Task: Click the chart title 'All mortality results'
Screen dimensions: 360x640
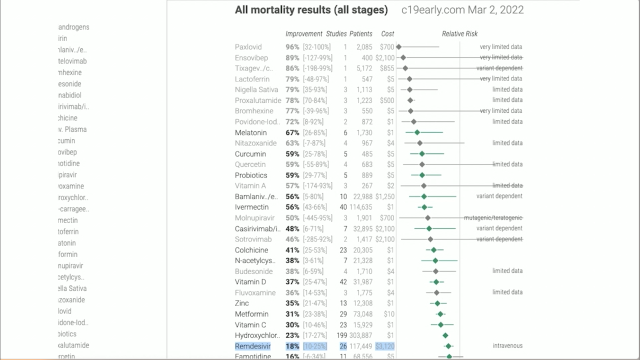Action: [x=311, y=9]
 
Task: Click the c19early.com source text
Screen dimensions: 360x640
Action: [x=462, y=9]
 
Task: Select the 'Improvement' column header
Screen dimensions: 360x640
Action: [x=304, y=34]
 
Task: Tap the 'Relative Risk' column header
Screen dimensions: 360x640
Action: [x=459, y=34]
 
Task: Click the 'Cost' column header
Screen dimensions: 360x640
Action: [x=387, y=34]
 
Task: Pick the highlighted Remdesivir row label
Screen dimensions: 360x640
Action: [x=252, y=346]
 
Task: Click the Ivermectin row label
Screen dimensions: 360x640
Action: [x=251, y=207]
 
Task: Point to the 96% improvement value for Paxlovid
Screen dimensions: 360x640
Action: [x=292, y=47]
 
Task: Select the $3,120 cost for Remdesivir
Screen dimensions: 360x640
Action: [x=384, y=346]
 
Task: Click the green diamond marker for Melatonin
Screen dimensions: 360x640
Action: [x=417, y=132]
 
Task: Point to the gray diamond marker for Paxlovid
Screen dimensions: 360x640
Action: [x=398, y=47]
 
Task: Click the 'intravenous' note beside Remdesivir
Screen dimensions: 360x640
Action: [x=507, y=346]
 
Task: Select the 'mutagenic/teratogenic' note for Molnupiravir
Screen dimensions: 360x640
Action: [x=493, y=218]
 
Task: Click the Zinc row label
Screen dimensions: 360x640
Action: [x=242, y=303]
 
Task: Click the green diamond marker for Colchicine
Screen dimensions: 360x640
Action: [x=433, y=250]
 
